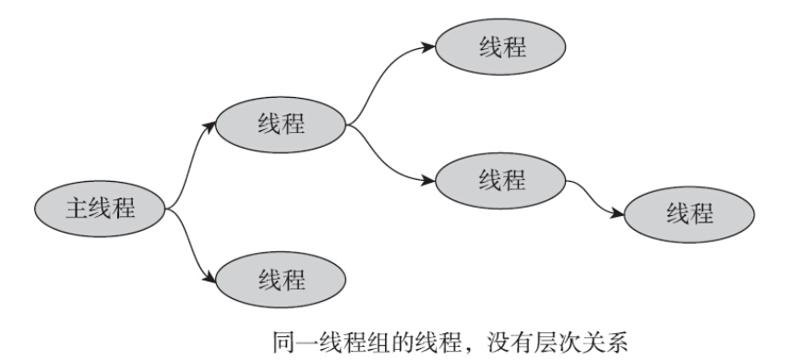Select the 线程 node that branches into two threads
tap(279, 122)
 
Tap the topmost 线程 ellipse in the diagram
tap(501, 47)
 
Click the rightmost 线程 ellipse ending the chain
tap(690, 214)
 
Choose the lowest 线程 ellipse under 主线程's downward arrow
tap(279, 278)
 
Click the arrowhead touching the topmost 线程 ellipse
tap(430, 45)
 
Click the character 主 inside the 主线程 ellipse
tap(77, 209)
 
